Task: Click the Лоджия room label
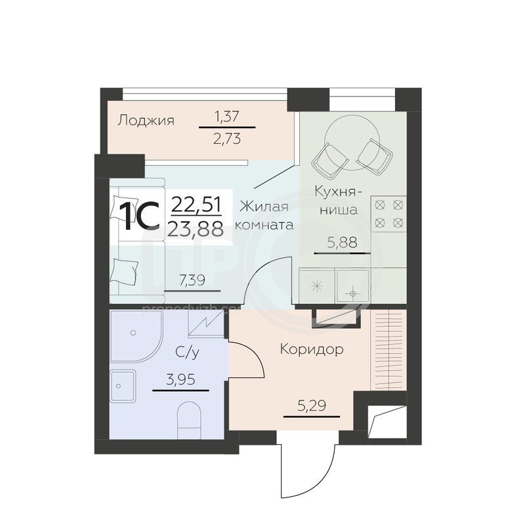point(146,120)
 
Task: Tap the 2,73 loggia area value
point(227,138)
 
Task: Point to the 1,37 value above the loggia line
point(227,117)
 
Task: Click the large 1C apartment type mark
point(140,216)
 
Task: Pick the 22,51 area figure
point(196,204)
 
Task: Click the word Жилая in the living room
point(264,206)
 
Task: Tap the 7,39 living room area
point(192,280)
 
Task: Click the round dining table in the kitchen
point(352,141)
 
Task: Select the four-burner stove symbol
point(388,214)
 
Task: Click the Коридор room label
point(312,349)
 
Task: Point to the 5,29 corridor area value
point(312,406)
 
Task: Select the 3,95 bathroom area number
point(181,380)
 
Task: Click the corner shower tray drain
point(133,333)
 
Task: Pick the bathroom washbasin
point(123,386)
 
